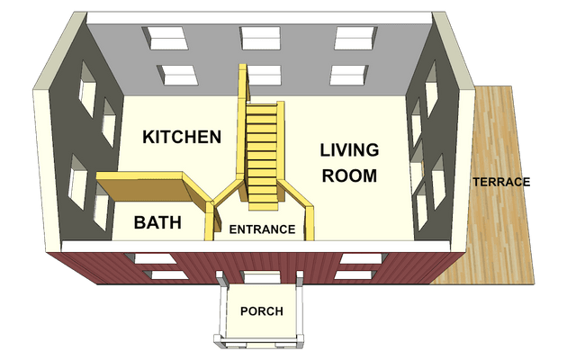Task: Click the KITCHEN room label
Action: [182, 137]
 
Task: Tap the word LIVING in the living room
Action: [349, 150]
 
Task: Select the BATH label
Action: [157, 222]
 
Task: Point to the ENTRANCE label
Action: [262, 229]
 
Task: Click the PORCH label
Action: [262, 311]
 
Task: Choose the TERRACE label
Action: [501, 182]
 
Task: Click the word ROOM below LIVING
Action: [349, 175]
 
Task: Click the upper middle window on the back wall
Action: [260, 38]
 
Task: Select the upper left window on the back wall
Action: [166, 38]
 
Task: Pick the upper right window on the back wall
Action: [355, 38]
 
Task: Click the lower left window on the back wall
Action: [177, 75]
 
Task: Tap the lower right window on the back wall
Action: [348, 75]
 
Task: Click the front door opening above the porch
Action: [261, 277]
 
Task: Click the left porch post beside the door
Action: [221, 278]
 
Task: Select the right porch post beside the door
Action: [300, 278]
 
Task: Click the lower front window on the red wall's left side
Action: [166, 274]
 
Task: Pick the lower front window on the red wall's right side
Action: [355, 274]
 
